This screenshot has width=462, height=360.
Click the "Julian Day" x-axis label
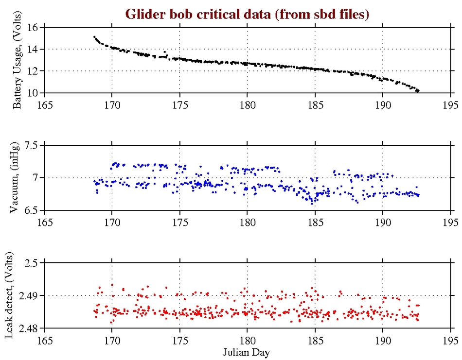pyautogui.click(x=247, y=351)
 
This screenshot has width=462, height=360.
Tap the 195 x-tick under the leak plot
pyautogui.click(x=450, y=339)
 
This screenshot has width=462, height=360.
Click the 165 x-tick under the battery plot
pyautogui.click(x=44, y=103)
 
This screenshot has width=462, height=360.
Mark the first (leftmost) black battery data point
pyautogui.click(x=94, y=36)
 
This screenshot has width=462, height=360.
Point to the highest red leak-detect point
pyautogui.click(x=112, y=285)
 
